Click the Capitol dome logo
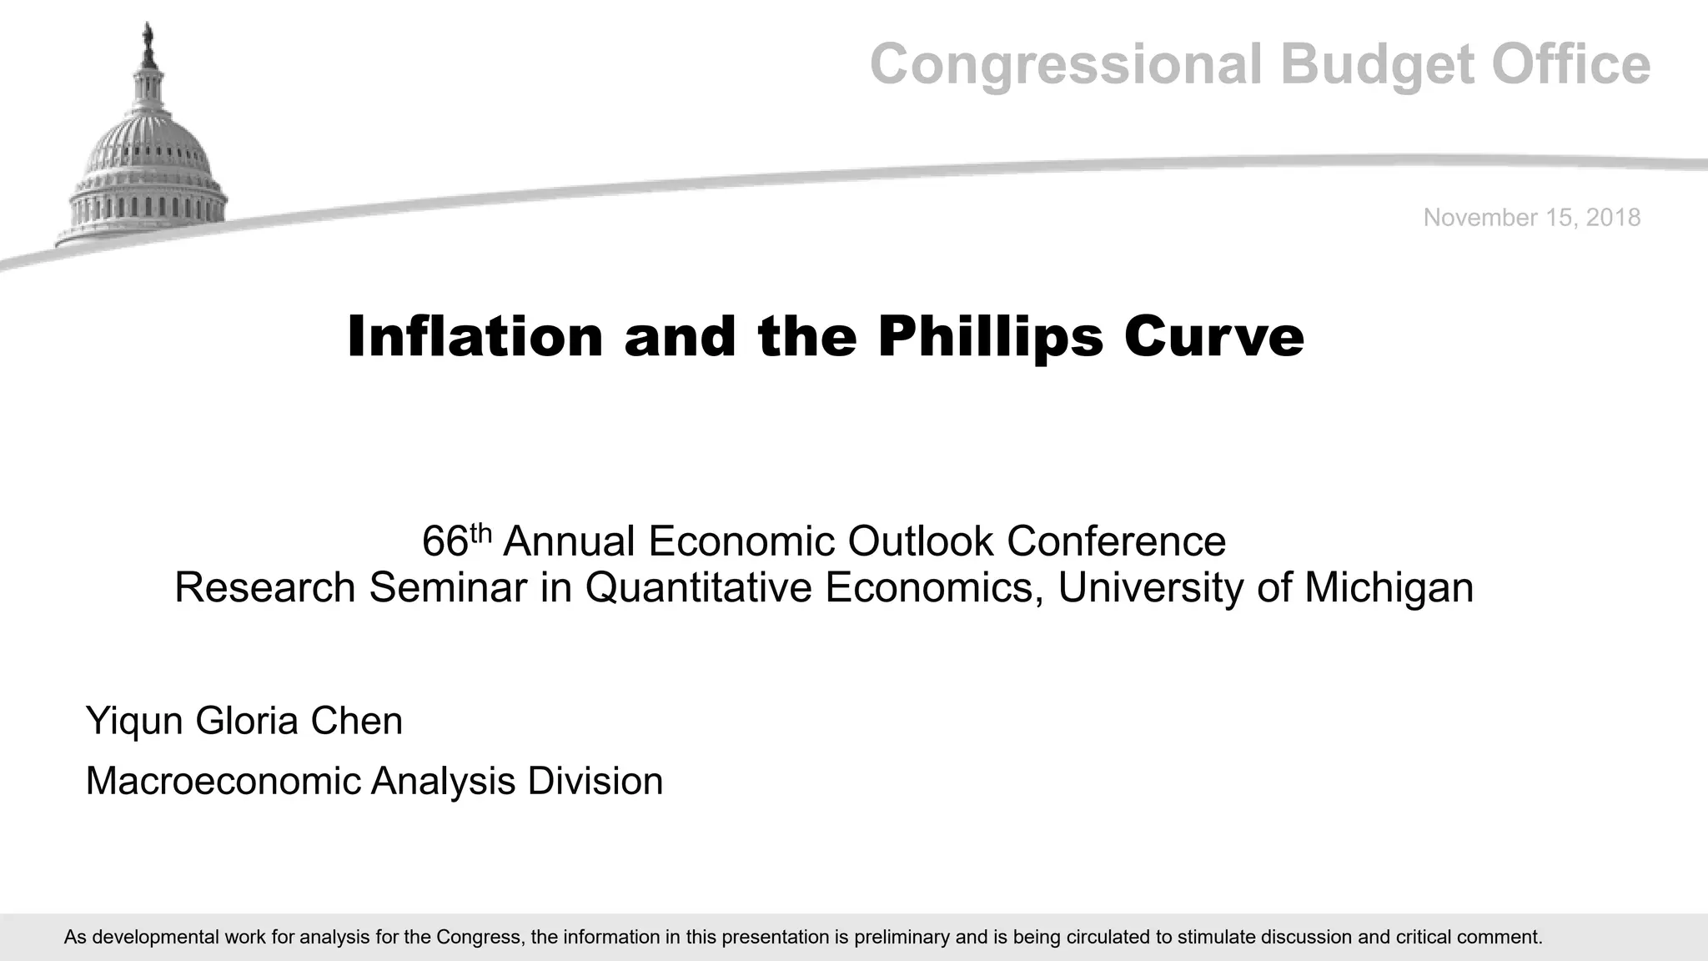click(x=147, y=158)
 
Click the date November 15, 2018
click(x=1531, y=218)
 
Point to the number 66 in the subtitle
click(x=445, y=541)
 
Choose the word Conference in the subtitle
click(x=1116, y=541)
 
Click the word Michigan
click(x=1389, y=587)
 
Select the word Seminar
click(x=448, y=587)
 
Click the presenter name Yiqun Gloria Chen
click(x=244, y=721)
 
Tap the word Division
click(x=595, y=782)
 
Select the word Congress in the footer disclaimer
click(x=479, y=937)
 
